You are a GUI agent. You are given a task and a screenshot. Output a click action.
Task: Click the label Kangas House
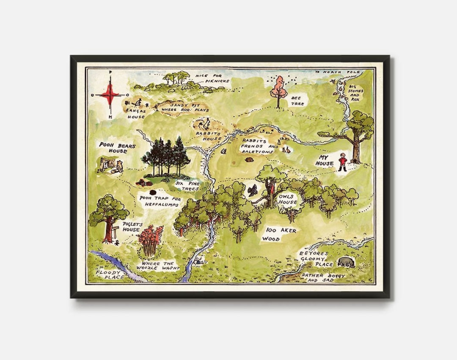136,113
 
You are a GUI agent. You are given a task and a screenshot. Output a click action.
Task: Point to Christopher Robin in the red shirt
342,162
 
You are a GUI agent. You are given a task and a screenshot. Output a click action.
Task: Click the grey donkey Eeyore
346,262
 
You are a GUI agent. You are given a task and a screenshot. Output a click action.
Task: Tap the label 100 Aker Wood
281,234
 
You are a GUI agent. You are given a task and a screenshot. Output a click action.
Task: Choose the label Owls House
287,199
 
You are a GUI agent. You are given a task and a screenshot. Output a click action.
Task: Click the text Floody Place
109,275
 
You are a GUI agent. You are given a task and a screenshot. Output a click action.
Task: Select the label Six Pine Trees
187,186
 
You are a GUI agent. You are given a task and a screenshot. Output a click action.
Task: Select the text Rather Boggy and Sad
322,278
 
